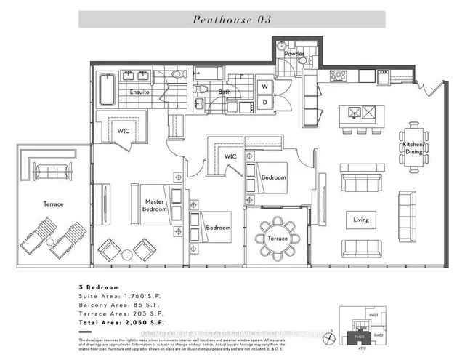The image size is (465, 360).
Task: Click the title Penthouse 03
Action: [232, 20]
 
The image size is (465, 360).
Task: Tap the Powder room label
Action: [294, 54]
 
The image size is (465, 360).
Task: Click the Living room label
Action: [361, 220]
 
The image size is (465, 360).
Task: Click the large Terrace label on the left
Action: [52, 204]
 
